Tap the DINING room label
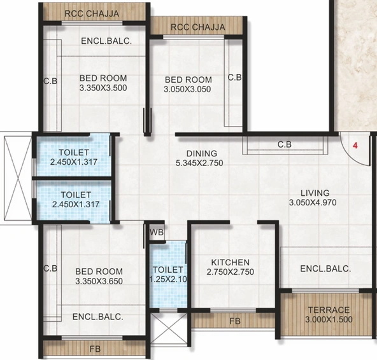pos(202,153)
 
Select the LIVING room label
pos(315,193)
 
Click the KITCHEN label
pos(231,262)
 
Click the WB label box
pos(157,232)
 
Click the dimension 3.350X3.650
pos(98,280)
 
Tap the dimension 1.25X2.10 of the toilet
pos(167,279)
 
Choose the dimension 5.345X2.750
pos(202,163)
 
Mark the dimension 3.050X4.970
pos(315,203)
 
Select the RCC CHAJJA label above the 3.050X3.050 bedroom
pos(198,27)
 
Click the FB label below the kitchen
pos(235,321)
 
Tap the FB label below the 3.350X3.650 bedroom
pos(96,349)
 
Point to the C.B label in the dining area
pos(285,144)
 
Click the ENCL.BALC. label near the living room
pos(325,268)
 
